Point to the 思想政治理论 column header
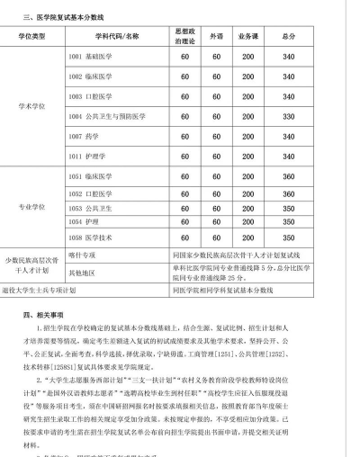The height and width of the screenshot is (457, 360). [x=184, y=36]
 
